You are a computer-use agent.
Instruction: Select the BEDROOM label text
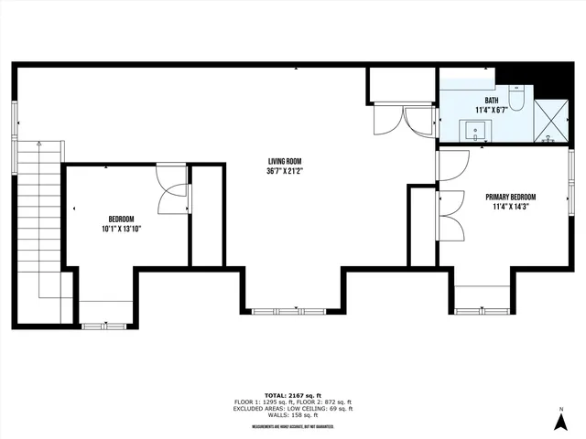(x=122, y=219)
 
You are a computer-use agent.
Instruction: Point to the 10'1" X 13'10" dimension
(x=122, y=229)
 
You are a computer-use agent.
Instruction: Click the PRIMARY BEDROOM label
(x=510, y=198)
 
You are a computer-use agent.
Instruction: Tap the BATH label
(x=492, y=101)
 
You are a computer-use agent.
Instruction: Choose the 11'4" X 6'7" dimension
(x=492, y=111)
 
